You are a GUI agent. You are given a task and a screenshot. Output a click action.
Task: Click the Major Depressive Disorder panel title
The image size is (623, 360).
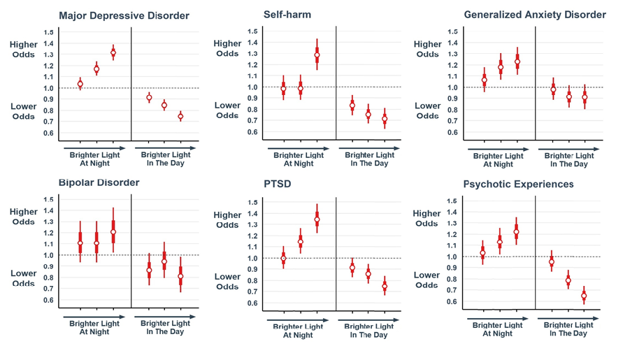click(x=124, y=15)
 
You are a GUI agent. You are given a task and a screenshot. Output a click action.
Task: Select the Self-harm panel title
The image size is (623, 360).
click(x=287, y=14)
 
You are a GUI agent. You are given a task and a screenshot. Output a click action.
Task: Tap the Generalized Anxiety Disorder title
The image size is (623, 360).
click(x=535, y=14)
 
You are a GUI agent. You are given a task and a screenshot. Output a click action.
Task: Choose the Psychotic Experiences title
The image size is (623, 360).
click(x=518, y=185)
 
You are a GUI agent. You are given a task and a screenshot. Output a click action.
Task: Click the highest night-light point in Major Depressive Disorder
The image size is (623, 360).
click(x=113, y=52)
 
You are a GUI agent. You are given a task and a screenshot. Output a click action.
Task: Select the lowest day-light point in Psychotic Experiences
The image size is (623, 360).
click(x=584, y=296)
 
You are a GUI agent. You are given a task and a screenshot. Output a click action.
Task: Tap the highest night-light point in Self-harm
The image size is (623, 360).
click(x=317, y=55)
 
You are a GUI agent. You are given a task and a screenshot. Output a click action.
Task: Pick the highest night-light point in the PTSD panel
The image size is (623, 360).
click(x=317, y=219)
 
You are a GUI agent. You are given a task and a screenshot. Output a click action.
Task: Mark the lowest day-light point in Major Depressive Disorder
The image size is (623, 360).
click(x=180, y=116)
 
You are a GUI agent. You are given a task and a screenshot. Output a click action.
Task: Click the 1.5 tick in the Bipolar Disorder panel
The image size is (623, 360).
click(x=48, y=199)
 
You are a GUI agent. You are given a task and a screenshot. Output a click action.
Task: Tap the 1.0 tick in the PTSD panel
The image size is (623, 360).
click(x=252, y=259)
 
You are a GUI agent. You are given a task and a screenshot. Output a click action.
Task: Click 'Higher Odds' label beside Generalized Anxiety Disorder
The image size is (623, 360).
click(x=427, y=49)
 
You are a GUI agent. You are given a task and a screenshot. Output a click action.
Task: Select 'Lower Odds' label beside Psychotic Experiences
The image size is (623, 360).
click(x=427, y=280)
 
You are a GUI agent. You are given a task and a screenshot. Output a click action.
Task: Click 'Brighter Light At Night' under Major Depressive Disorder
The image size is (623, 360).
click(x=94, y=159)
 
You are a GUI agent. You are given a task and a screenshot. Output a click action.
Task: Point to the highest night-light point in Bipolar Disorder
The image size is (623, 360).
click(x=113, y=231)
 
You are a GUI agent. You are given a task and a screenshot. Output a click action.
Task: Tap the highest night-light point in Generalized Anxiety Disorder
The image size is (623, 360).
click(x=517, y=62)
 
